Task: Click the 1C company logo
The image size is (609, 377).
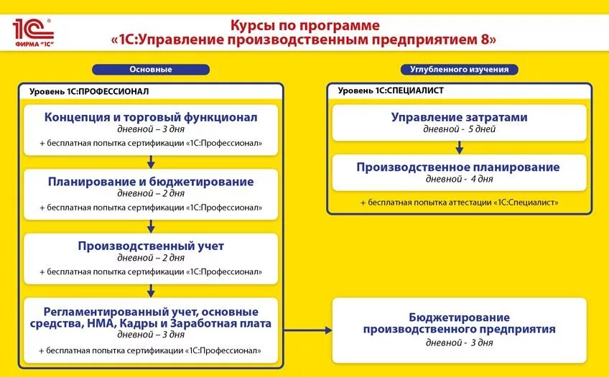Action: point(32,32)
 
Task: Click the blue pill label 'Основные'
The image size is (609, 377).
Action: point(151,70)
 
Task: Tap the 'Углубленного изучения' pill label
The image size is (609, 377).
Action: point(459,70)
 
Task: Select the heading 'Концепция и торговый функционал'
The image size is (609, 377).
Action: point(151,117)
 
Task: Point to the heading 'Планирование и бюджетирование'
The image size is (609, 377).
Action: point(151,182)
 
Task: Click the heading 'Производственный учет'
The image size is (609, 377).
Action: point(151,246)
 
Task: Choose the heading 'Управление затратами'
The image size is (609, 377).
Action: point(459,117)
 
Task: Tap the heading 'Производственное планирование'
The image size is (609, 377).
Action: point(458,167)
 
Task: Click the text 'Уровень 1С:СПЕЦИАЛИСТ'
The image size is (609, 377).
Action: point(391,91)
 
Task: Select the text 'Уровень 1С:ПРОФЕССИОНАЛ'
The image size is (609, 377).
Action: point(89,91)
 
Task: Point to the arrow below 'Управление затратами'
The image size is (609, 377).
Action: point(460,146)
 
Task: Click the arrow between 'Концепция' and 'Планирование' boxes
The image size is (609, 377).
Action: point(151,161)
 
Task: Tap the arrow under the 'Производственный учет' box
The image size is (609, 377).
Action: point(151,289)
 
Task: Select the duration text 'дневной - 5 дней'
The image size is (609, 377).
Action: point(459,130)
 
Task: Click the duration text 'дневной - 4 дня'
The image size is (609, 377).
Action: point(459,180)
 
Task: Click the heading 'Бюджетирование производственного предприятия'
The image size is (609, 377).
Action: point(459,323)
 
